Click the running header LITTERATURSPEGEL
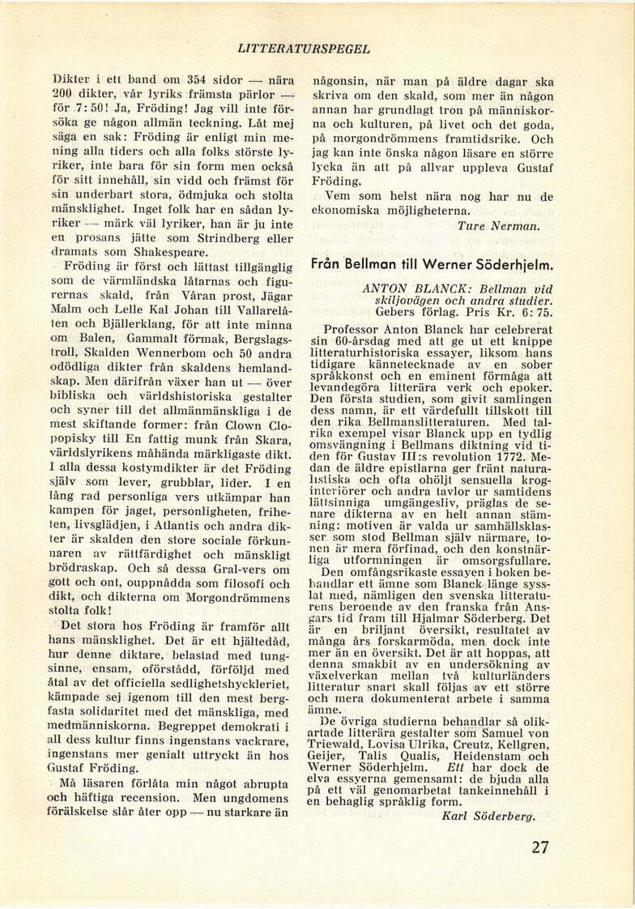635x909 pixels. click(305, 49)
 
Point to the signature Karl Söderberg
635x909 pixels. click(489, 816)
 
